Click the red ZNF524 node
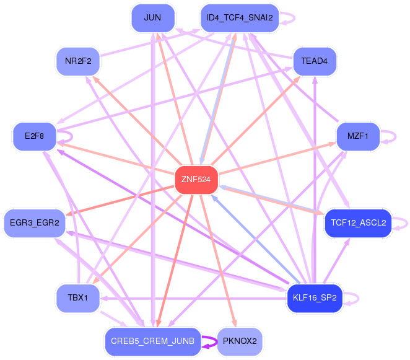(196, 180)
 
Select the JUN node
(152, 17)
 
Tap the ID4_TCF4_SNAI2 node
(239, 17)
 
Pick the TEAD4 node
(314, 61)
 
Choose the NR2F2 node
(78, 61)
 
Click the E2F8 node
(34, 136)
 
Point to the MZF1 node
(357, 136)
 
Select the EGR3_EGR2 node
(35, 223)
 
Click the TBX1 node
(78, 298)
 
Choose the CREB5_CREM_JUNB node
(152, 341)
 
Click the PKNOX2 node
(239, 341)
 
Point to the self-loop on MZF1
(389, 136)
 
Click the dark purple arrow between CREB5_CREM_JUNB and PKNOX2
(210, 341)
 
